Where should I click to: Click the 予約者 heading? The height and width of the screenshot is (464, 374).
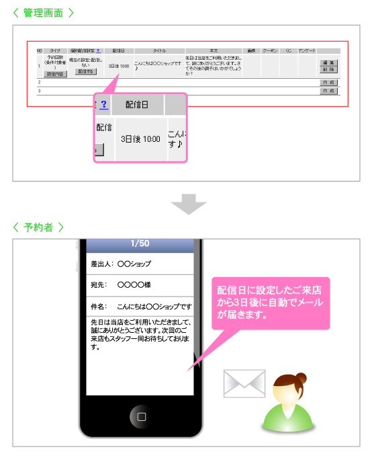coord(38,227)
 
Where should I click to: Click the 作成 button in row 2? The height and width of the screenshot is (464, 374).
coord(328,82)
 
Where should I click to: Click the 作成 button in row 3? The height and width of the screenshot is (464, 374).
coord(328,90)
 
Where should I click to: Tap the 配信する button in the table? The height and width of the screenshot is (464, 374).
coord(86,71)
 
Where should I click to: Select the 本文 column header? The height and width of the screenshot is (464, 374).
coord(214,50)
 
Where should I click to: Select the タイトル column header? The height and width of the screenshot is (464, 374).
coord(159,50)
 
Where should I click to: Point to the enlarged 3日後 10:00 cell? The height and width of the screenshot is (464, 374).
coord(140,139)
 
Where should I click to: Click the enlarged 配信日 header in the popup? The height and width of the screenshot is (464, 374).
coord(139,104)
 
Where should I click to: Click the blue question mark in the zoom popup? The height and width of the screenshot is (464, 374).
coord(104,104)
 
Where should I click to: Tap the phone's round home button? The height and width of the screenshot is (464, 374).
coord(141,416)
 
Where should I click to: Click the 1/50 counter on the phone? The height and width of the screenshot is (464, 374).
coord(140,243)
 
